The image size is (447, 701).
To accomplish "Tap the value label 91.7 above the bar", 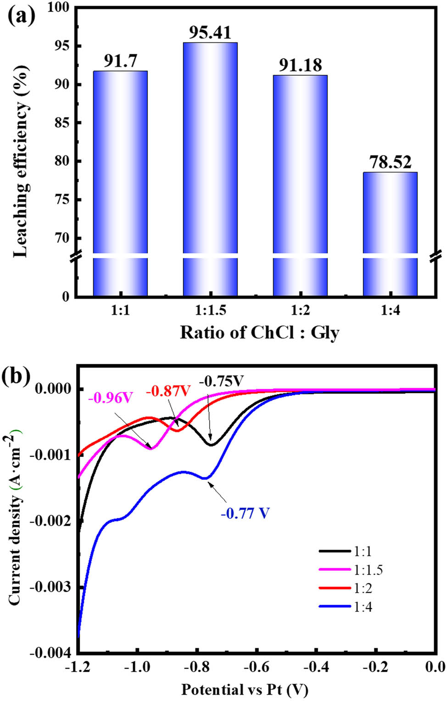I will (x=120, y=61).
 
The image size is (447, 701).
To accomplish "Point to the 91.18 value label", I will (x=301, y=65).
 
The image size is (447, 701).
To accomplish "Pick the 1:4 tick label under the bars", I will (x=390, y=311).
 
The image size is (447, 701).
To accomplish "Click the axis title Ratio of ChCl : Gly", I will (x=259, y=332).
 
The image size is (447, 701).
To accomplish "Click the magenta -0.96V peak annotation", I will (x=111, y=398).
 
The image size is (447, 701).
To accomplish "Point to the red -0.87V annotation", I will (x=168, y=391).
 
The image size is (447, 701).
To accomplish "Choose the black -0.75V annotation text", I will (x=221, y=381).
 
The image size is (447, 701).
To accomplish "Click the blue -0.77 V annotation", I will (x=245, y=513).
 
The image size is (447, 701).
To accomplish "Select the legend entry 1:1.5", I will (x=368, y=570).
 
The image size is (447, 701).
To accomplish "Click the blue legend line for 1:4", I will (x=335, y=607).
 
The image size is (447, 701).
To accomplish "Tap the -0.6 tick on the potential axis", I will (x=257, y=667).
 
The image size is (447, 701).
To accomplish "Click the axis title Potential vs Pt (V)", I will (x=245, y=689).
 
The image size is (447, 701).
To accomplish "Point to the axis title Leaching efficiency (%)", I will (x=21, y=161).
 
